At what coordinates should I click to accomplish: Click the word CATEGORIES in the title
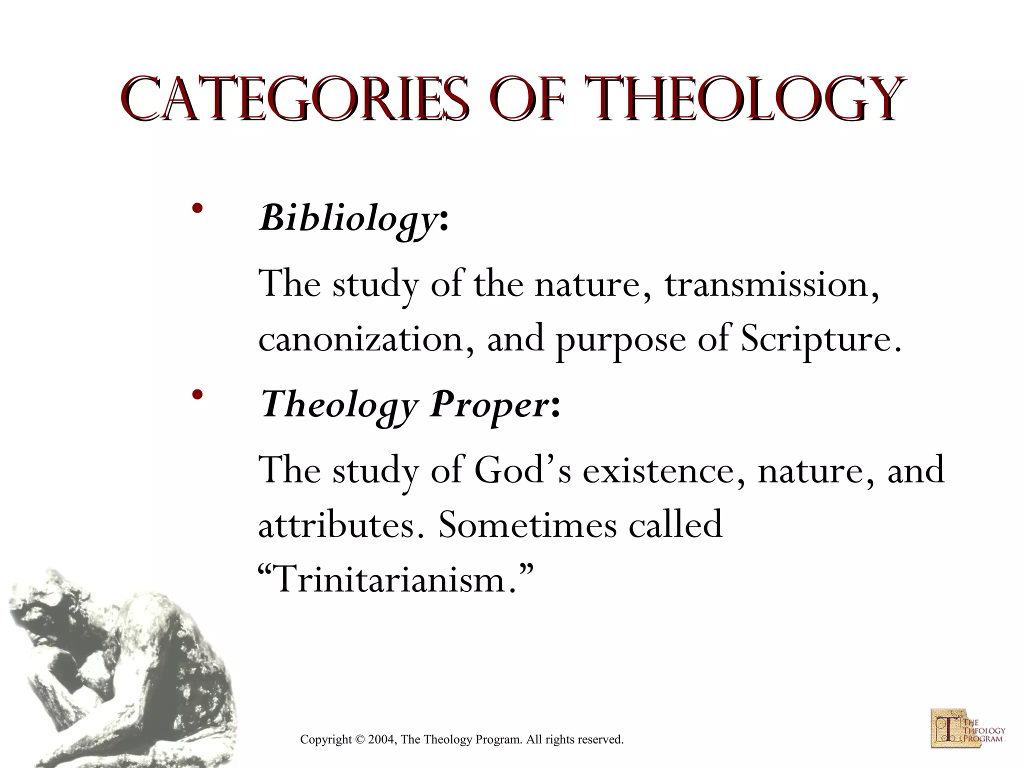coord(294,99)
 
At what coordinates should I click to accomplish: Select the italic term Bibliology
coord(348,218)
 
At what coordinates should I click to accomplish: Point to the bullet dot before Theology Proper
coord(198,394)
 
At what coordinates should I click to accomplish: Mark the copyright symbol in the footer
coord(360,739)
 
